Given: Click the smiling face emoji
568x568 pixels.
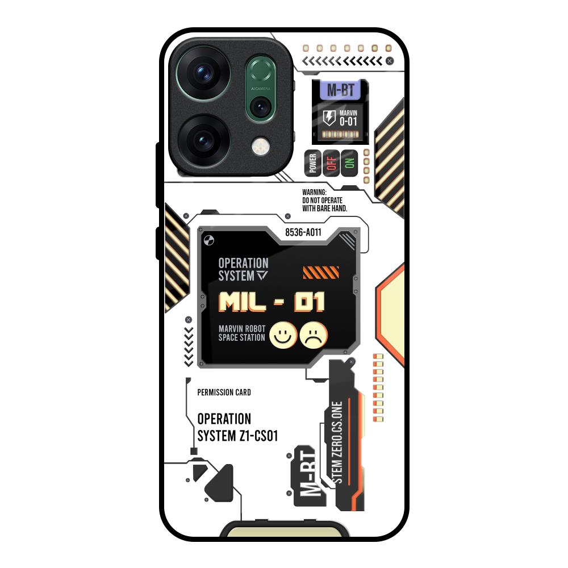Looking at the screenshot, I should click(283, 335).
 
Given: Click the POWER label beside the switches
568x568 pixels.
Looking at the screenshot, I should click(312, 163).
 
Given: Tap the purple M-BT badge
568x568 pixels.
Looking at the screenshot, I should click(340, 91).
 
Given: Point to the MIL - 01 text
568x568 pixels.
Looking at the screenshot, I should click(272, 302).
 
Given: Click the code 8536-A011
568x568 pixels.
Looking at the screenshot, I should click(304, 232).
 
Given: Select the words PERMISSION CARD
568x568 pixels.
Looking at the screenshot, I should click(224, 392).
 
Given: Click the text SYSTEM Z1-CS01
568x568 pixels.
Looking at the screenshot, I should click(237, 436).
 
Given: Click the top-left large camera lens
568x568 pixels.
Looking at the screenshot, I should click(203, 74).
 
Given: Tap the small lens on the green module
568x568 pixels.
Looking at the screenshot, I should click(261, 106).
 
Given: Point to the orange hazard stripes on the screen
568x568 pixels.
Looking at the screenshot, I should click(321, 273).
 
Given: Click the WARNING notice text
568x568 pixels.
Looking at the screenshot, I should click(324, 201).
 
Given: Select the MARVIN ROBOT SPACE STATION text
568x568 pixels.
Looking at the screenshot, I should click(242, 333).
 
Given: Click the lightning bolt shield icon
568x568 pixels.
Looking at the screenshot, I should click(329, 118).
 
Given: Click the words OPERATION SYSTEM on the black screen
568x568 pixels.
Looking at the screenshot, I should click(243, 269).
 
